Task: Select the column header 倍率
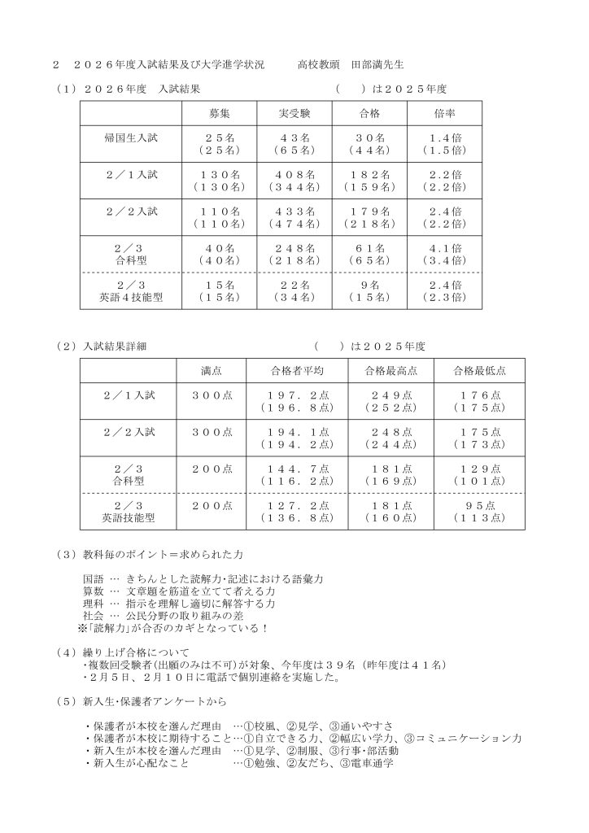(x=443, y=112)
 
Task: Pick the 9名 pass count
(x=369, y=286)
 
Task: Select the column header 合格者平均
(x=297, y=370)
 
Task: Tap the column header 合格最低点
(x=481, y=370)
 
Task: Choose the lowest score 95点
(x=481, y=505)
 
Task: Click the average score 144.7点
(x=298, y=469)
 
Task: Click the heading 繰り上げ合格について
(x=137, y=652)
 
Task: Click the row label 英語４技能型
(x=130, y=298)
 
